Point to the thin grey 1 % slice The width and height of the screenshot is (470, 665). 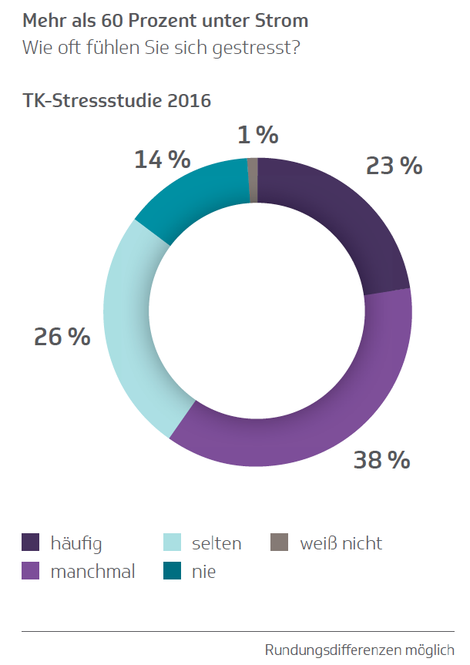click(x=253, y=180)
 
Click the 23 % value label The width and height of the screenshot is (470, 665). click(x=394, y=165)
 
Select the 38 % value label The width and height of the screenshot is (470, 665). click(x=381, y=460)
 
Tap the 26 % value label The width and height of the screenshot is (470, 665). click(x=62, y=337)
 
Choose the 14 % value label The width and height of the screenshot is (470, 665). click(x=162, y=160)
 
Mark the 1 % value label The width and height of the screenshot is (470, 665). click(x=257, y=136)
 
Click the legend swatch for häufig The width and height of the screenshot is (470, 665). click(x=30, y=542)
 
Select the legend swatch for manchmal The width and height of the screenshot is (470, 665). click(x=30, y=571)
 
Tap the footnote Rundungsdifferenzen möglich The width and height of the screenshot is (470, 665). click(x=359, y=650)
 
